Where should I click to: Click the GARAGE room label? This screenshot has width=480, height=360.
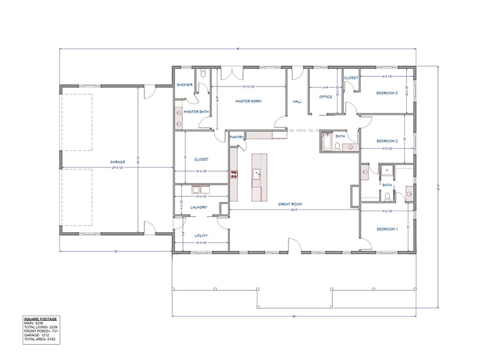[x=117, y=162]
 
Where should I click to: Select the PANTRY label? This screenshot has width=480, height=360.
[x=236, y=137]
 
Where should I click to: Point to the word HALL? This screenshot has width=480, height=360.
[x=297, y=102]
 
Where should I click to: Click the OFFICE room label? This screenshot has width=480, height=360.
[x=326, y=97]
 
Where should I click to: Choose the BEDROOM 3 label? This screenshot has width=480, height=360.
[x=387, y=93]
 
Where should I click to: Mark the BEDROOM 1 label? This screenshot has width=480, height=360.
[x=387, y=229]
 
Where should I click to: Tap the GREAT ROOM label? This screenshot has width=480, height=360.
[x=289, y=204]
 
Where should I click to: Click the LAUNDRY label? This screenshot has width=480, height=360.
[x=199, y=208]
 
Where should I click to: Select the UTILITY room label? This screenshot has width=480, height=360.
[x=201, y=236]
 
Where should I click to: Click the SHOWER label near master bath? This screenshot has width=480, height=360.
[x=184, y=85]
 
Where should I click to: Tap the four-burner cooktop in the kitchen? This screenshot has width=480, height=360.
[x=234, y=175]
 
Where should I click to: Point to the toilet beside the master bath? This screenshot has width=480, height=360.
[x=203, y=74]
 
